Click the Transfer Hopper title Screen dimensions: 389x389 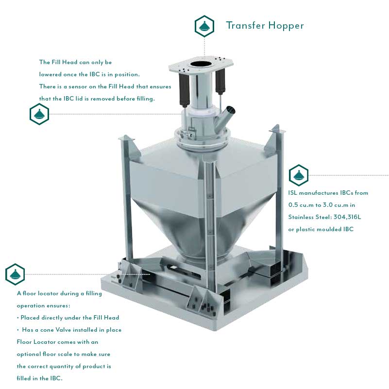click(x=265, y=25)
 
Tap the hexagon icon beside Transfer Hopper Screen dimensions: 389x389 click(x=204, y=26)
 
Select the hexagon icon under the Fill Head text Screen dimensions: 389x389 click(x=39, y=115)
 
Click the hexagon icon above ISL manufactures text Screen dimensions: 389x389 click(x=298, y=175)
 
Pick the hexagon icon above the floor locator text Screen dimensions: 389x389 click(x=15, y=274)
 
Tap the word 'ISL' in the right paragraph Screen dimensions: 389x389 click(x=294, y=193)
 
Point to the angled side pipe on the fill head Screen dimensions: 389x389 click(x=229, y=115)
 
